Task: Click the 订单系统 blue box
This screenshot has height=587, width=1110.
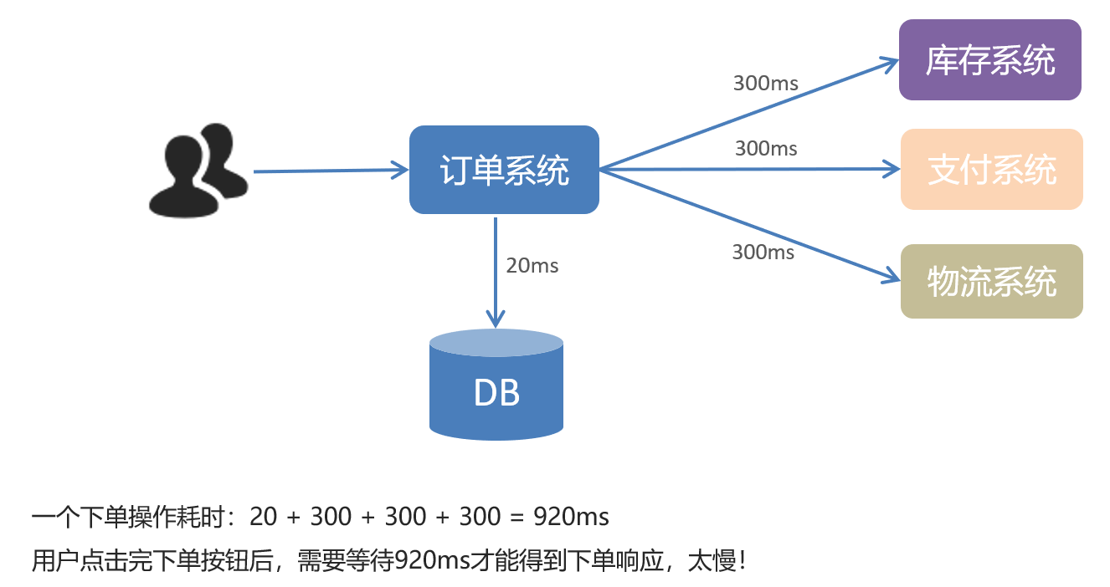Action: click(504, 170)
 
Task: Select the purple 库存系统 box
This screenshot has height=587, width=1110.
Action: click(989, 60)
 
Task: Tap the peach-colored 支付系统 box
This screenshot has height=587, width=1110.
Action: click(991, 170)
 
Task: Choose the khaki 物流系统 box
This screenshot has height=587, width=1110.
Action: click(991, 282)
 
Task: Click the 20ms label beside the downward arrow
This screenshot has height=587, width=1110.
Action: click(532, 266)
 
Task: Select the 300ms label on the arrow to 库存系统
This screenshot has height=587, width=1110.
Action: click(765, 83)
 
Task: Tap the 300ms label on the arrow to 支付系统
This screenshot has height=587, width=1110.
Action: click(766, 148)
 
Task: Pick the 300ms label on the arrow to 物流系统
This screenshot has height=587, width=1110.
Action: click(763, 251)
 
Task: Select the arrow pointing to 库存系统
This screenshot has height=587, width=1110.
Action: click(745, 115)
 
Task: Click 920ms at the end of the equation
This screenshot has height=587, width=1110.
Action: click(571, 517)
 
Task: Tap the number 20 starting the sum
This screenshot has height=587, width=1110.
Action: click(263, 517)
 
